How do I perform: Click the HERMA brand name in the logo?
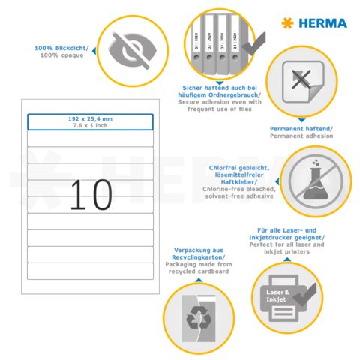pos(325,23)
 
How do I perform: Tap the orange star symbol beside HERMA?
pos(287,23)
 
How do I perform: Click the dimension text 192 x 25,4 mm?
pos(90,118)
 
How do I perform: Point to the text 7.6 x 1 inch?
pos(90,125)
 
